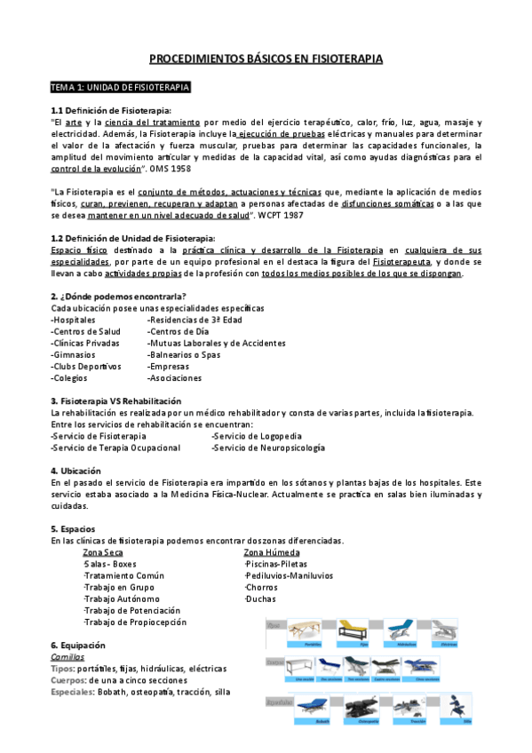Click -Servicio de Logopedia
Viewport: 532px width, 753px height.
tap(256, 436)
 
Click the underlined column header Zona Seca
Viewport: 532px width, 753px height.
tap(102, 552)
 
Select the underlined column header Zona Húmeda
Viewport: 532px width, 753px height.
tap(271, 552)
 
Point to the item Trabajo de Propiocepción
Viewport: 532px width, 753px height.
tap(133, 622)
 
